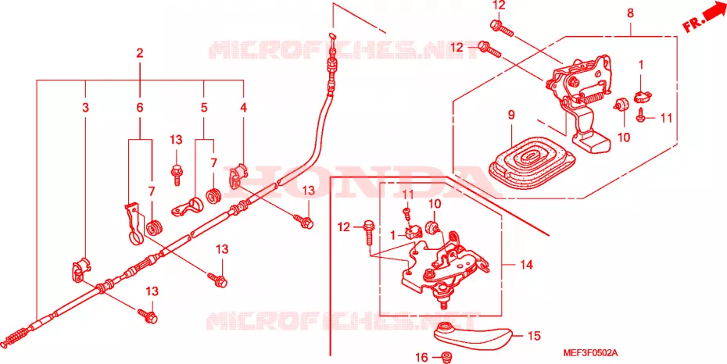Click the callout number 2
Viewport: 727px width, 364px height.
[x=140, y=53]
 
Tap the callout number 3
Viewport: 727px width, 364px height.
[x=85, y=108]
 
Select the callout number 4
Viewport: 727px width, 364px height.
[x=244, y=108]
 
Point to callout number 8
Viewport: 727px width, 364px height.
[x=630, y=13]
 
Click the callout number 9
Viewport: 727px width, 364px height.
[x=511, y=116]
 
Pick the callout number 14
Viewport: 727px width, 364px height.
[x=526, y=265]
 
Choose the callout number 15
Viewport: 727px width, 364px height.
[x=534, y=336]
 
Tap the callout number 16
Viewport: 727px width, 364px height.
[x=421, y=357]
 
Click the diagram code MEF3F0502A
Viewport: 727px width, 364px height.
[x=590, y=353]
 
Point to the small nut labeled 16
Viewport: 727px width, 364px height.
[x=447, y=357]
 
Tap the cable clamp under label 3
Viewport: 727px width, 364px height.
[x=81, y=269]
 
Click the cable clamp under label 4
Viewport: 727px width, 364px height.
[x=238, y=176]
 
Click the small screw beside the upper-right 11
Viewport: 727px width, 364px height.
[x=641, y=115]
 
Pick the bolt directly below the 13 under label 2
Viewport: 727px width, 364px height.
[x=176, y=174]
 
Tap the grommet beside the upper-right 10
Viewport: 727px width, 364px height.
[x=621, y=105]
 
